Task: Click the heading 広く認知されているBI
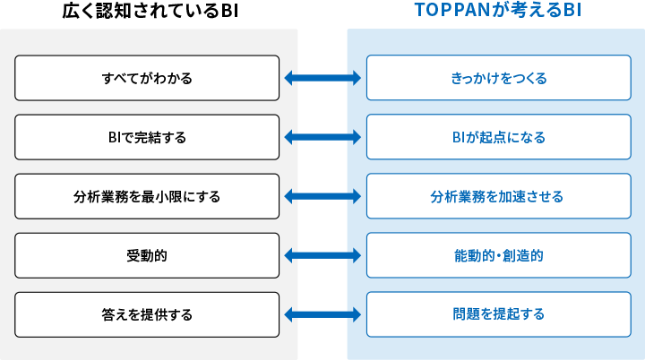coord(150,11)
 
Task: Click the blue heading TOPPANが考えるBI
coord(498,10)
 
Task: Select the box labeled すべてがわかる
coord(147,78)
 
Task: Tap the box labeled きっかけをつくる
coord(499,78)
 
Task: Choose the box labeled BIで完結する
coord(147,137)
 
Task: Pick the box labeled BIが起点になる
coord(499,137)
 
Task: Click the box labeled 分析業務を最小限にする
coord(147,196)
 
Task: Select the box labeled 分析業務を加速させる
coord(499,196)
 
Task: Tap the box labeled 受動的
coord(147,255)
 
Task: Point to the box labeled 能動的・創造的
coord(499,255)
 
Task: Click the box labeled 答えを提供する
coord(147,314)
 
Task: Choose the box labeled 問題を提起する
coord(499,314)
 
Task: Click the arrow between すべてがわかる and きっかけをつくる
coord(322,78)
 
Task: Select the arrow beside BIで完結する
coord(322,137)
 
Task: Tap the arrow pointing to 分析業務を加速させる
coord(322,196)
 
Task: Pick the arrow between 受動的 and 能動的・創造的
coord(322,255)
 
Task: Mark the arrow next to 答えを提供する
coord(322,314)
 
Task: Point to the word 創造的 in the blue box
coord(523,256)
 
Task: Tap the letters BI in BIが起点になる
coord(459,137)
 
